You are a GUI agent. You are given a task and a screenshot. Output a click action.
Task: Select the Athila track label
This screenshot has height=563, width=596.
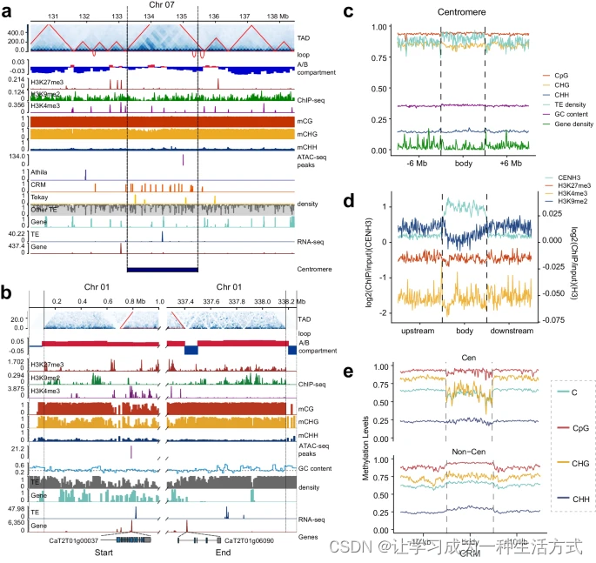click(x=40, y=174)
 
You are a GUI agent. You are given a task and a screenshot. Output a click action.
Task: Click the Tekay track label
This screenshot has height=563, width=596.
click(x=40, y=198)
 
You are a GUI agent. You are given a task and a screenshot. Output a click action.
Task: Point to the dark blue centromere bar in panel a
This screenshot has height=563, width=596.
click(x=163, y=270)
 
